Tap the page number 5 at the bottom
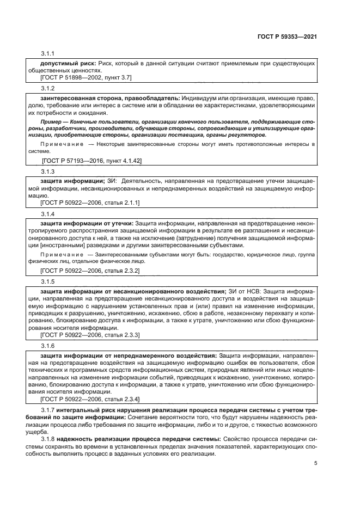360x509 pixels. pos(315,464)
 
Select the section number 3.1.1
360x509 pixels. pos(48,54)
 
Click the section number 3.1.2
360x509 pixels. pos(48,87)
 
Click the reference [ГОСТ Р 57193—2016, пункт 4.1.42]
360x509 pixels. pos(92,161)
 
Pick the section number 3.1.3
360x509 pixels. pos(48,171)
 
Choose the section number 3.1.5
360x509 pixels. pos(48,281)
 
